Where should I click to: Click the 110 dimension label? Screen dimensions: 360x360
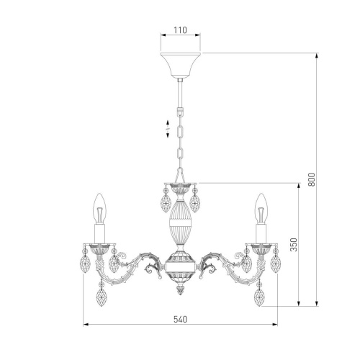(180, 30)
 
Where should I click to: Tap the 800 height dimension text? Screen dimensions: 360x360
(311, 179)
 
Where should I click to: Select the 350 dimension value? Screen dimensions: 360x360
(294, 245)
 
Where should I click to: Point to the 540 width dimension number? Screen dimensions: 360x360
(180, 320)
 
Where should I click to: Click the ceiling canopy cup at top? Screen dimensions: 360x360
(180, 66)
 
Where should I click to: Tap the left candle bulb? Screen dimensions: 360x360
(99, 209)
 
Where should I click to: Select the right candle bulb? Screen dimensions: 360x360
(261, 209)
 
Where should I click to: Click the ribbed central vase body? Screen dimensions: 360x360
(180, 222)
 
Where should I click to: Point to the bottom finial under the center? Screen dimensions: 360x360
(180, 289)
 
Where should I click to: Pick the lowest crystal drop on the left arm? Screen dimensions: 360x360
(102, 297)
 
